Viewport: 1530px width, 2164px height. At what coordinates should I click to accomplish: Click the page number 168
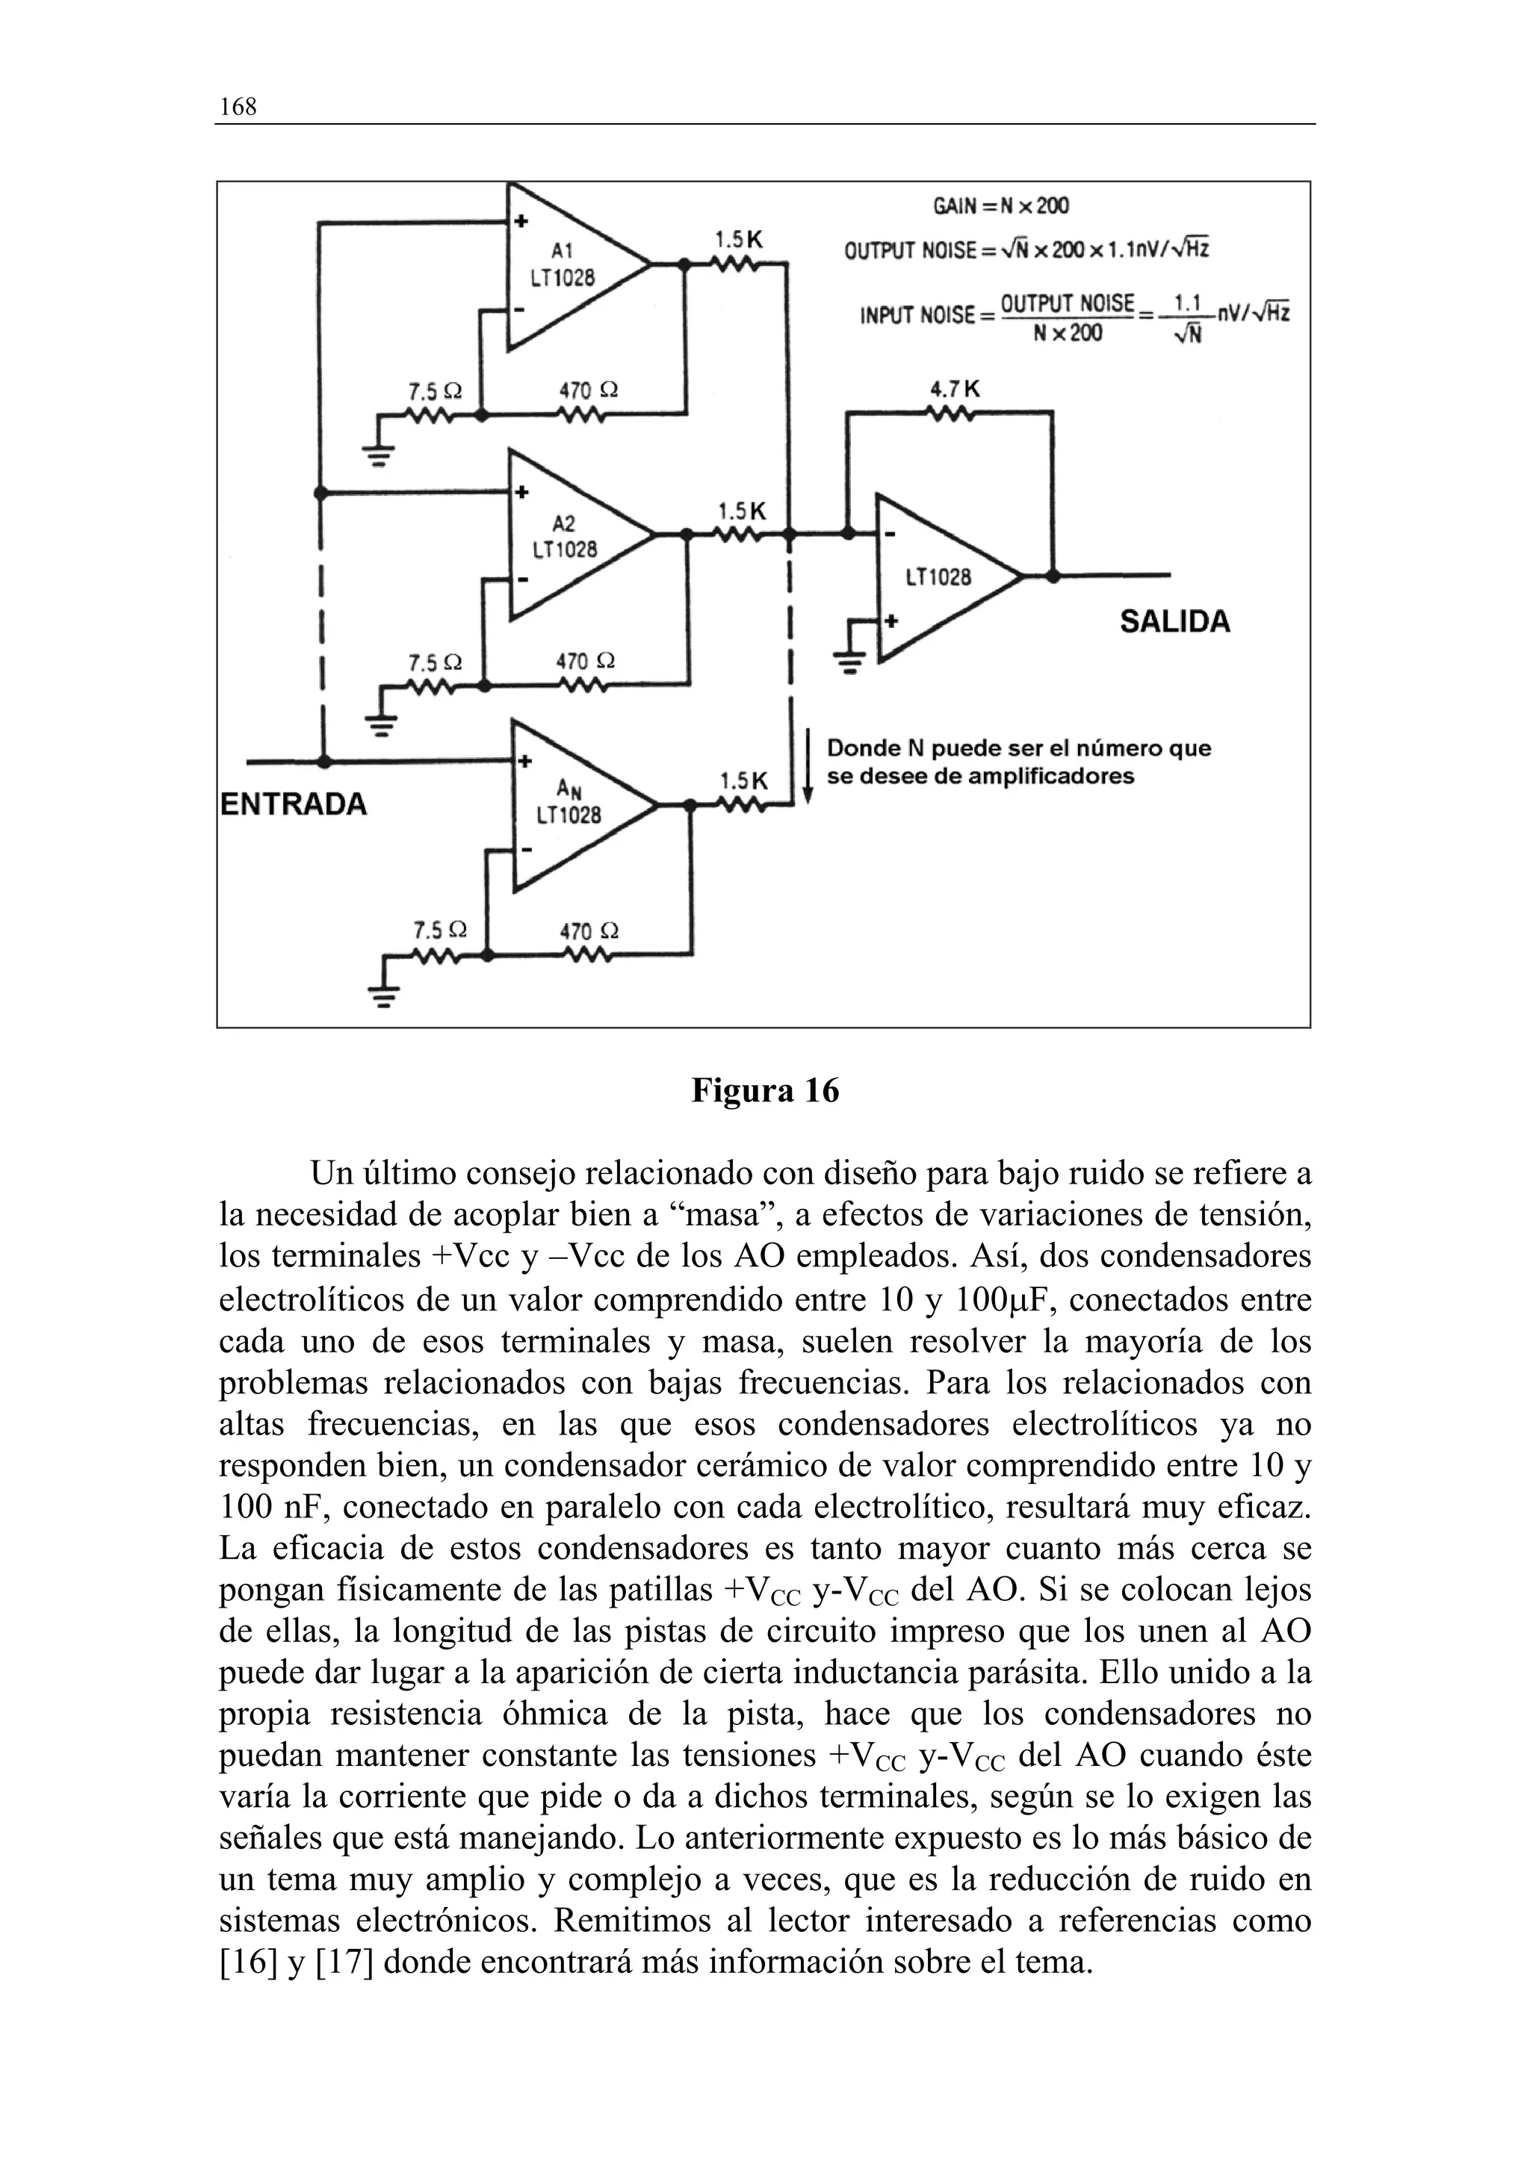point(238,107)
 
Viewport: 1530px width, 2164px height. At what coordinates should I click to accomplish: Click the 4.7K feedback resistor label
point(954,388)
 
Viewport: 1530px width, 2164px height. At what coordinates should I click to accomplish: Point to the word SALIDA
point(1174,622)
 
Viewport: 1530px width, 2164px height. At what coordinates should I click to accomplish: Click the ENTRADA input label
point(293,804)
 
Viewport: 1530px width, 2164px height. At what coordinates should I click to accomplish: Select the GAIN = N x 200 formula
point(1001,206)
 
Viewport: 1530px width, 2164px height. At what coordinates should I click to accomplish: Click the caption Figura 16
point(764,1090)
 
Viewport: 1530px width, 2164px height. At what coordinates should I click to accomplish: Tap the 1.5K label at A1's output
point(738,240)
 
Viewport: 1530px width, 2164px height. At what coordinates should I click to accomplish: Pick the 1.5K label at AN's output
point(744,781)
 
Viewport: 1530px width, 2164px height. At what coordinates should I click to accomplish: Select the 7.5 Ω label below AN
point(440,930)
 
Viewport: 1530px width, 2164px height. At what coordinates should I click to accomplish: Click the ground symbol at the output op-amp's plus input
point(850,661)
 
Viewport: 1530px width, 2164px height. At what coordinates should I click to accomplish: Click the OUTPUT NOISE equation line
point(1026,251)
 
